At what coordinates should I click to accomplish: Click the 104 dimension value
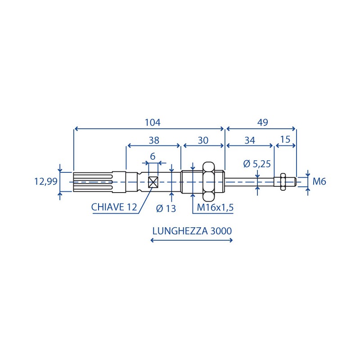(153, 122)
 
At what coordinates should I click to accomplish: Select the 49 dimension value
(263, 122)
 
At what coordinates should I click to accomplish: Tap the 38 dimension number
(154, 140)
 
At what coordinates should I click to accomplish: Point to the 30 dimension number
(203, 140)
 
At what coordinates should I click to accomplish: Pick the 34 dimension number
(250, 140)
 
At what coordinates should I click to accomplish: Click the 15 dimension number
(285, 139)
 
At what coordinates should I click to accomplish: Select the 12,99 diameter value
(46, 182)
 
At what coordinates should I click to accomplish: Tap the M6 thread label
(319, 182)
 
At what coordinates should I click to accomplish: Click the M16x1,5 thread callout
(215, 207)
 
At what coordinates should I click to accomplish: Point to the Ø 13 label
(166, 208)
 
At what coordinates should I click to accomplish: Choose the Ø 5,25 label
(257, 164)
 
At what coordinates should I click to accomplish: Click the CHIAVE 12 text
(114, 207)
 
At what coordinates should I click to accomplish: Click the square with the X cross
(153, 182)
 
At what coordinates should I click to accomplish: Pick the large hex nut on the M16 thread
(208, 181)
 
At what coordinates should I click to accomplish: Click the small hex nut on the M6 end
(283, 182)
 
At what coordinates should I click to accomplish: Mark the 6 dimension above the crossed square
(153, 157)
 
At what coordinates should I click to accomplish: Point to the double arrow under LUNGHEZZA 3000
(192, 240)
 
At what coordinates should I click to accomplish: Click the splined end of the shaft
(93, 182)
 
